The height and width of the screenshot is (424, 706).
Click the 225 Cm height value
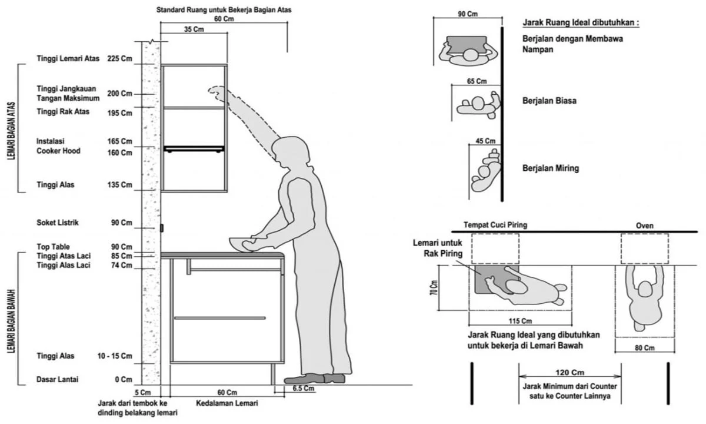(119, 58)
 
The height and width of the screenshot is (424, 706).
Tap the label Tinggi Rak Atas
(63, 112)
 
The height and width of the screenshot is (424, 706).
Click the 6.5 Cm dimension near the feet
(303, 389)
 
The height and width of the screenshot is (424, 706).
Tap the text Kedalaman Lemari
(227, 403)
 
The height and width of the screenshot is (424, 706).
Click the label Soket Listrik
(57, 223)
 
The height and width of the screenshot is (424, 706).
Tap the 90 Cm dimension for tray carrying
(468, 14)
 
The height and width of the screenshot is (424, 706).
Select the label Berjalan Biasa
(549, 101)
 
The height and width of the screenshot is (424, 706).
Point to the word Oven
(644, 226)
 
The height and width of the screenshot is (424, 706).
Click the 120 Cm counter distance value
(570, 372)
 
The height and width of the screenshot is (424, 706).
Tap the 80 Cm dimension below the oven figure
(644, 348)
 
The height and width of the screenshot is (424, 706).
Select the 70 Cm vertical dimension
(433, 287)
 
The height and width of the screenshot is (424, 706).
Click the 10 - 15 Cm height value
(115, 356)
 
